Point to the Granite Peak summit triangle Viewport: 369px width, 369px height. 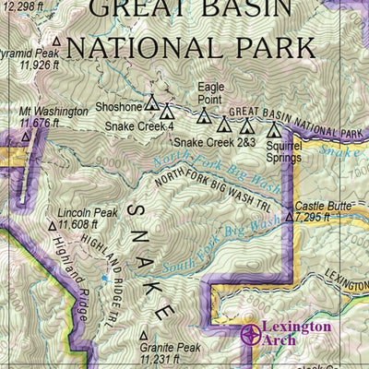pyautogui.click(x=144, y=336)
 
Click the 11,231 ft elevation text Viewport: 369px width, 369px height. pyautogui.click(x=163, y=360)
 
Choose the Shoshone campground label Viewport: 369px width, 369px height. pyautogui.click(x=119, y=107)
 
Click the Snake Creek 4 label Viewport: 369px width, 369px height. pyautogui.click(x=139, y=126)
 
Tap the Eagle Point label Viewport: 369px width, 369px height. pyautogui.click(x=211, y=93)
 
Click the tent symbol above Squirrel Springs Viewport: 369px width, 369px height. pyautogui.click(x=273, y=126)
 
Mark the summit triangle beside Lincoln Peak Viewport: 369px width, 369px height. pyautogui.click(x=52, y=225)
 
